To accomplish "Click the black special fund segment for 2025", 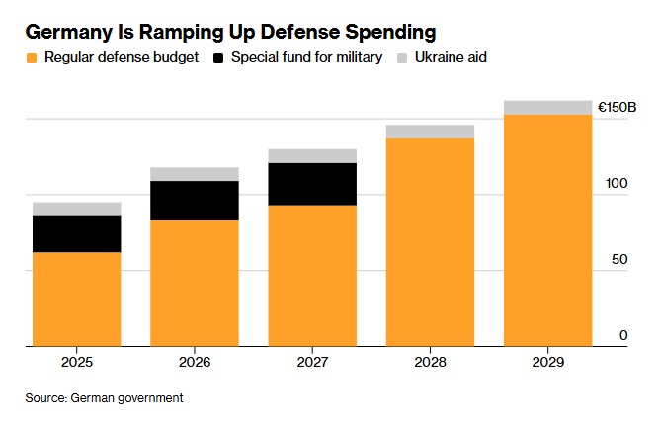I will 76,234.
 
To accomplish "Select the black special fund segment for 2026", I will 195,201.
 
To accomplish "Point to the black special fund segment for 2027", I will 312,184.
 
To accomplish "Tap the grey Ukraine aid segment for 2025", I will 76,209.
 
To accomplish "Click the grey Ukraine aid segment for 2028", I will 430,131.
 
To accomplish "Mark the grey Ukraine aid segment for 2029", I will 547,108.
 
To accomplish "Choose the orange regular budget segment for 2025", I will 76,300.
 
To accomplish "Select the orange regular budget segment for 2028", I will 430,242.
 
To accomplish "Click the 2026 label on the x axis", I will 195,364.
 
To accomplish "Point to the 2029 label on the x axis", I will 547,364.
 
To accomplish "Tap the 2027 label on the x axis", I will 312,364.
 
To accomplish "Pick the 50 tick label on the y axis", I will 619,260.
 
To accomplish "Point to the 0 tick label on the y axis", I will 623,336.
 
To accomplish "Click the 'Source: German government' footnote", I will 105,398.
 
